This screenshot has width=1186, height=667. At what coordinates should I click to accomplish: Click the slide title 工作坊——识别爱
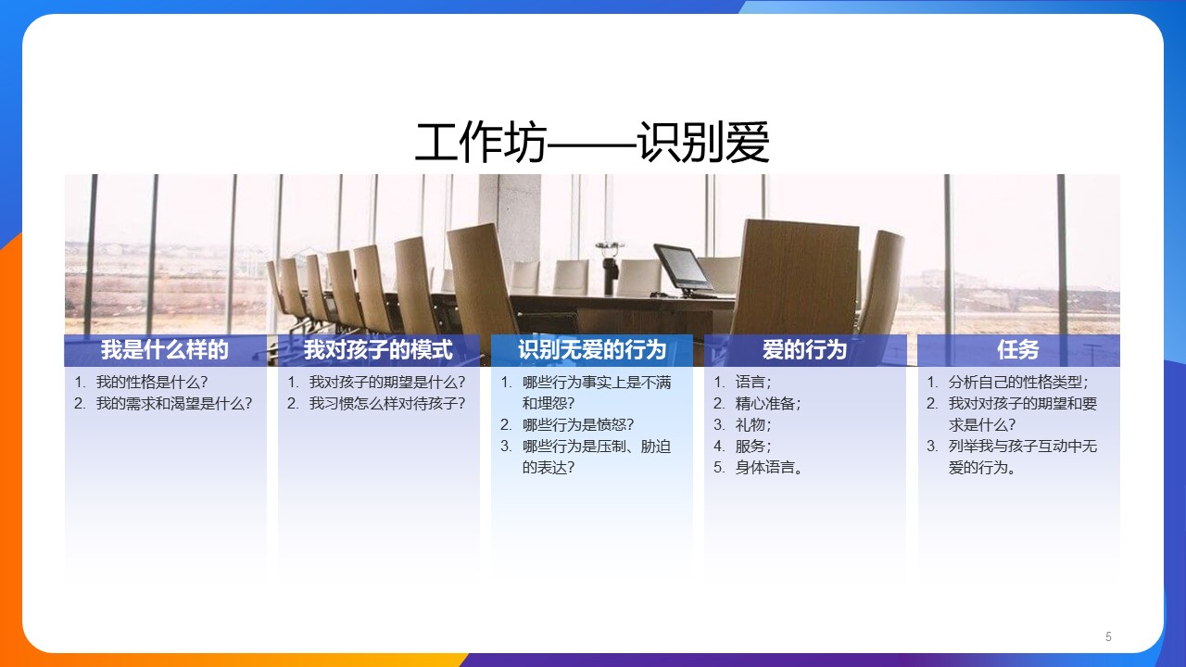(592, 143)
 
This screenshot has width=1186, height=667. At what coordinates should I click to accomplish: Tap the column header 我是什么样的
(165, 350)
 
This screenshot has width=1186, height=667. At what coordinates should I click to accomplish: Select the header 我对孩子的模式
(379, 350)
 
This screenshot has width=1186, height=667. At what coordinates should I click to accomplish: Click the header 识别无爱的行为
(592, 350)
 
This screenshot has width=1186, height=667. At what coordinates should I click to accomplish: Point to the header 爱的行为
(805, 350)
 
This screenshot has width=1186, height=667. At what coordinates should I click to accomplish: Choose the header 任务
(1018, 350)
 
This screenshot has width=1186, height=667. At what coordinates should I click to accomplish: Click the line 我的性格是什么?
(151, 383)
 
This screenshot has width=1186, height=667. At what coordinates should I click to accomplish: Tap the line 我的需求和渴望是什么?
(173, 404)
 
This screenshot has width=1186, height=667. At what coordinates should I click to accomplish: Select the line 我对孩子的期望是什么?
(387, 383)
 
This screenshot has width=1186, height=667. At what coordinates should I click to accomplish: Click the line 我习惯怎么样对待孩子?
(387, 404)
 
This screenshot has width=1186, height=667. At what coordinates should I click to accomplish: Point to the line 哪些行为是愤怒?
(578, 425)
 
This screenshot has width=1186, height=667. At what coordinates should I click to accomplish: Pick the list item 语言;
(753, 383)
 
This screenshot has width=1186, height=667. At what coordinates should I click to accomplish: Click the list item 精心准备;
(768, 404)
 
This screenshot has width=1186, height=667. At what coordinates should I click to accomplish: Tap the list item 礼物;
(753, 425)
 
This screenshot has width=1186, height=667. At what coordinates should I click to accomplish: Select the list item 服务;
(753, 447)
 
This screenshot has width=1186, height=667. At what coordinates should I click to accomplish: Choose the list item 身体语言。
(769, 468)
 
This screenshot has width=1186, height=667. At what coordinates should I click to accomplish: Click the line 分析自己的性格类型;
(1018, 383)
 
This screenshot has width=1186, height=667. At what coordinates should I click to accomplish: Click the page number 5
(1108, 636)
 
